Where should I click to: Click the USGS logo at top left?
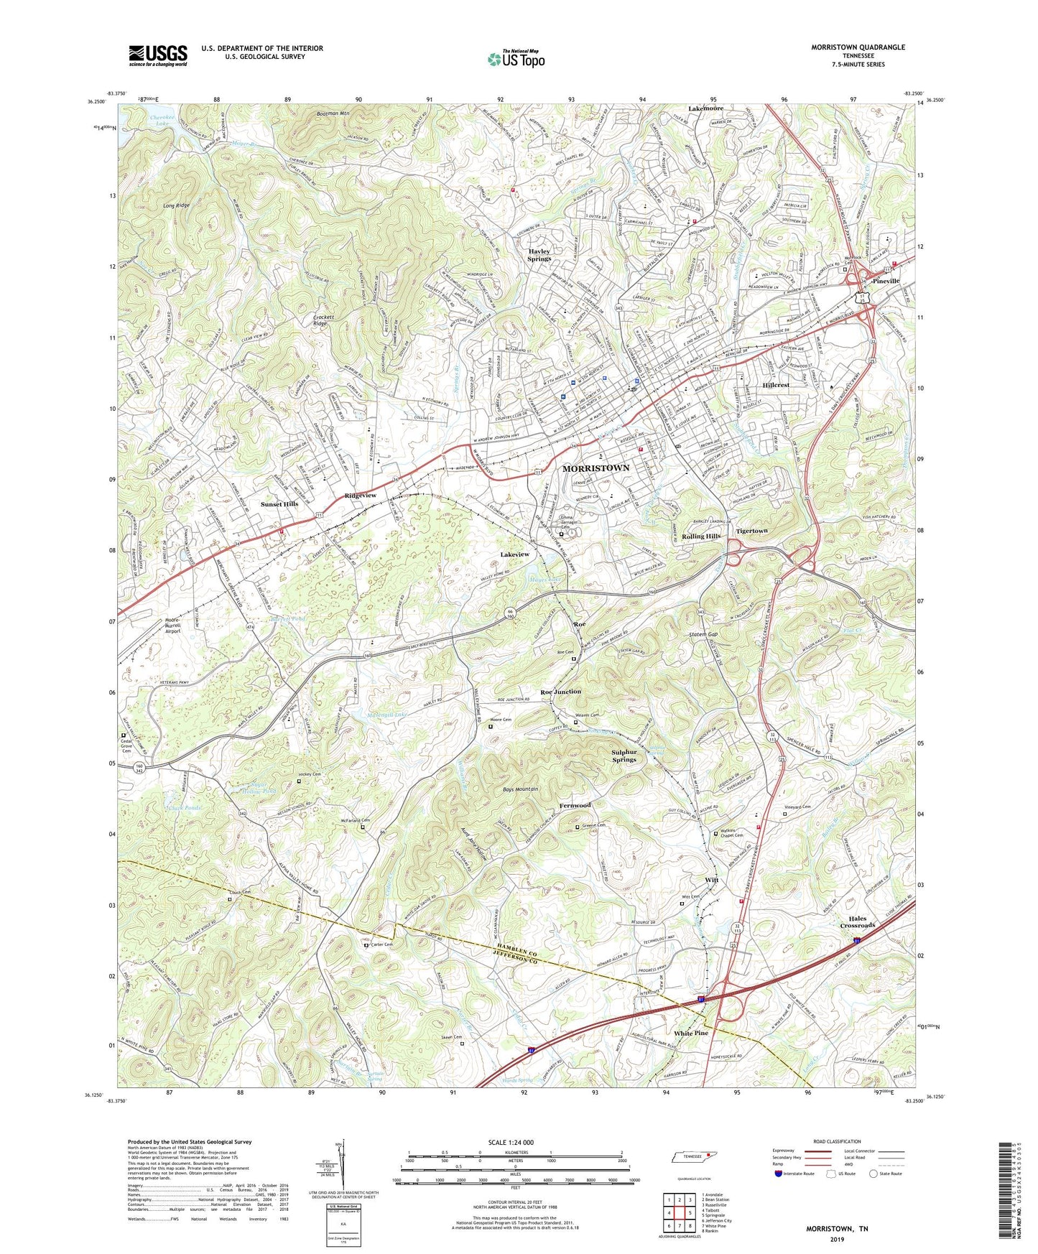click(158, 55)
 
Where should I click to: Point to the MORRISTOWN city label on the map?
click(596, 468)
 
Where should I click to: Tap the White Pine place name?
click(690, 1033)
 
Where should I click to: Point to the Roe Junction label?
click(560, 692)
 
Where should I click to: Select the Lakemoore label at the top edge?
click(705, 108)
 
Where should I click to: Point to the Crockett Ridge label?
click(320, 321)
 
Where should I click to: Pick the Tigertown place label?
click(751, 531)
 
